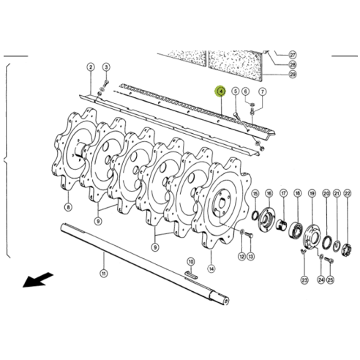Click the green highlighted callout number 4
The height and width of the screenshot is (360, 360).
coord(220,91)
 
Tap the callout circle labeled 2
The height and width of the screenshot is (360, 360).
coord(91,67)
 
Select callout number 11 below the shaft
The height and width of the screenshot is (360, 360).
coord(104,273)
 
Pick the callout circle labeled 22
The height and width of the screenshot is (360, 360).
coord(347,193)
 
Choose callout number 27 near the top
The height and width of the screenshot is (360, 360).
coord(293,55)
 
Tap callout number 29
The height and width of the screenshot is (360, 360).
coord(293,74)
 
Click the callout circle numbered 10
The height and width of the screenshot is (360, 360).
coord(190,261)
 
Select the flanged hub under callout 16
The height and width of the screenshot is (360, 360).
coord(268,220)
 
